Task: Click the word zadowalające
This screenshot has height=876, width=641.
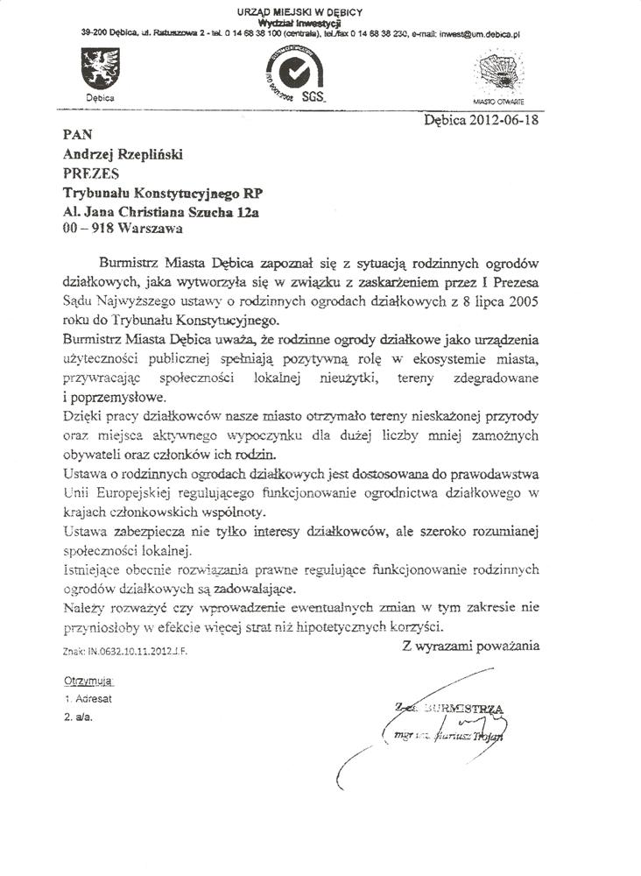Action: [x=250, y=589]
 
